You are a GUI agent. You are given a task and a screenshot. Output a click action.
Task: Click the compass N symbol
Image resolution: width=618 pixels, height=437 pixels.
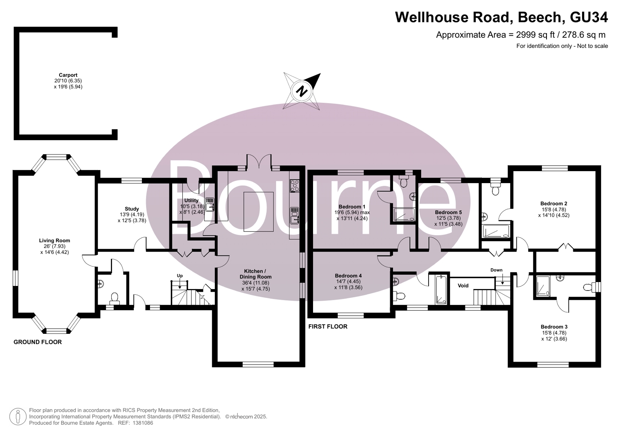click(302, 91)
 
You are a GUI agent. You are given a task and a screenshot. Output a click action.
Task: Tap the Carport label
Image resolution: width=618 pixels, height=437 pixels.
click(68, 75)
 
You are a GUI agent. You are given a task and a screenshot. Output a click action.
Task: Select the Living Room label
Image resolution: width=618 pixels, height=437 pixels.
click(54, 241)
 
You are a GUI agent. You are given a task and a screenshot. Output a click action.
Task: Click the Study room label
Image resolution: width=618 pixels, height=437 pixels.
click(132, 209)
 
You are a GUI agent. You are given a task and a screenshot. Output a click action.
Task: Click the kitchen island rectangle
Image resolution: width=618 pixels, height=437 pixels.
click(259, 212)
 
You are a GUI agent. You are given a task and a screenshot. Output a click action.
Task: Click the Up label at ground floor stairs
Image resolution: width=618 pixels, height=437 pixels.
click(180, 275)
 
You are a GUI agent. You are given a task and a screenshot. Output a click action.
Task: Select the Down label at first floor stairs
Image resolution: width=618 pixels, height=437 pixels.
click(496, 270)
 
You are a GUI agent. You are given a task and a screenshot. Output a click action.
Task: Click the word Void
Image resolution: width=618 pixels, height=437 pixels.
click(463, 286)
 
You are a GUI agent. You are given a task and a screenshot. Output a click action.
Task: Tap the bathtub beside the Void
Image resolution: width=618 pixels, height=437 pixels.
click(441, 290)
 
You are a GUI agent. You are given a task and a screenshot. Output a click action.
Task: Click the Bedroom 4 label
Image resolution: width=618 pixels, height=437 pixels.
click(349, 275)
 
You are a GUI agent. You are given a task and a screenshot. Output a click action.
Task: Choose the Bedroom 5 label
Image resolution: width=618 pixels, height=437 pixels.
click(448, 213)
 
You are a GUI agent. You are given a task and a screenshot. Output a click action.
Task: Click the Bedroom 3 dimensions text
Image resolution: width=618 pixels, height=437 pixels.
click(554, 336)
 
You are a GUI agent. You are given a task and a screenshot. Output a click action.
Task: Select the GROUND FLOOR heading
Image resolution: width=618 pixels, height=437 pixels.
click(38, 342)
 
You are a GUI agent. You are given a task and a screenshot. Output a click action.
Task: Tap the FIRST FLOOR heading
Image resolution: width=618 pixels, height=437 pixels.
click(328, 326)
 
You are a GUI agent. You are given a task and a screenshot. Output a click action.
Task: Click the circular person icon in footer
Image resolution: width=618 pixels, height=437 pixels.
click(18, 417)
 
